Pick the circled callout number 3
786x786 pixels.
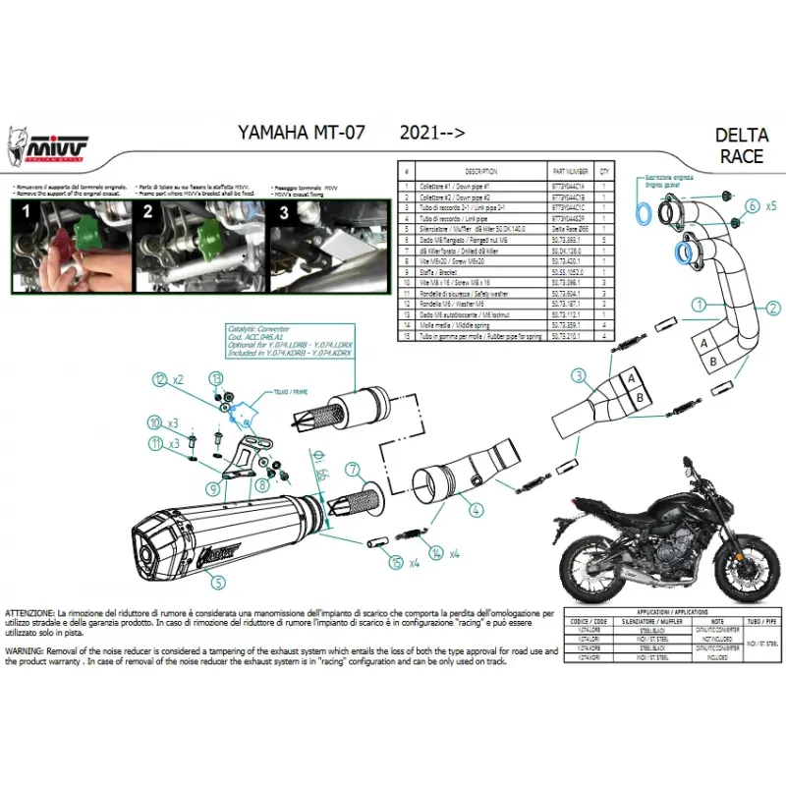[580, 374]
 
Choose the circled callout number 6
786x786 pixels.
[751, 205]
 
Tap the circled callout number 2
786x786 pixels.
[773, 309]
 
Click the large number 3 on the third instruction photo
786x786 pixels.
[282, 211]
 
